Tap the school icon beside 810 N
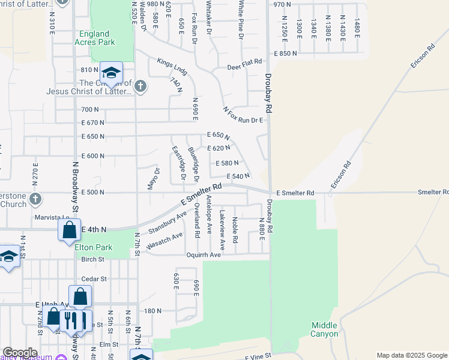111,73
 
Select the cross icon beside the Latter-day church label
140,86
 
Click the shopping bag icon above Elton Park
70,229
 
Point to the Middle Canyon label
324,329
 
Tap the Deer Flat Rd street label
245,62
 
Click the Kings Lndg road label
172,66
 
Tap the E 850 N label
286,54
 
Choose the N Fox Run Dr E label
243,116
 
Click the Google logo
20,353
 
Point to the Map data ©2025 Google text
412,355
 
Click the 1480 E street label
357,26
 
